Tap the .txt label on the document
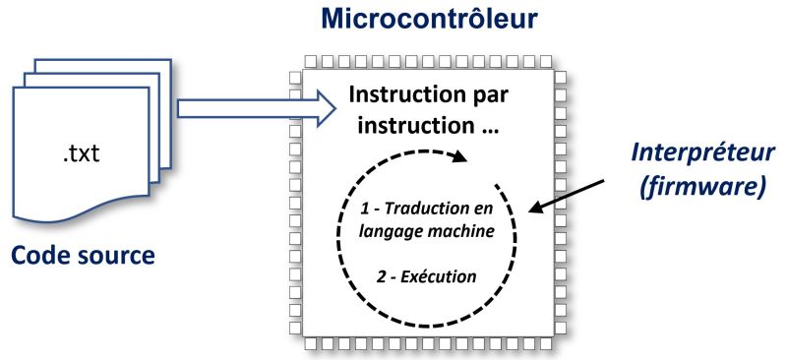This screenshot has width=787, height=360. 83,155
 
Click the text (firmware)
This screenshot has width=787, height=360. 702,187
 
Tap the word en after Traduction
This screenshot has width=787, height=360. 481,210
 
